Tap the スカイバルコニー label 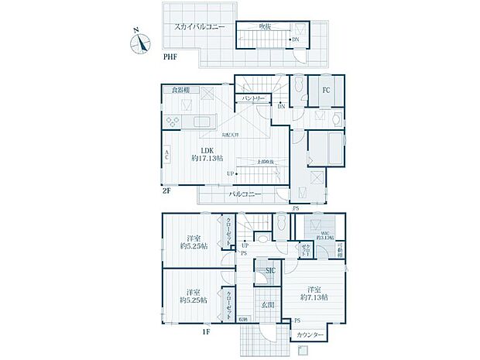pyautogui.click(x=199, y=26)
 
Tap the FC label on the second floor pyautogui.click(x=326, y=89)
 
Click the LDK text pyautogui.click(x=207, y=149)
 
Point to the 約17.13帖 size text pyautogui.click(x=207, y=159)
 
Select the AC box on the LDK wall pyautogui.click(x=167, y=155)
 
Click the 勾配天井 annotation pyautogui.click(x=230, y=135)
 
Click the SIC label pyautogui.click(x=270, y=271)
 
